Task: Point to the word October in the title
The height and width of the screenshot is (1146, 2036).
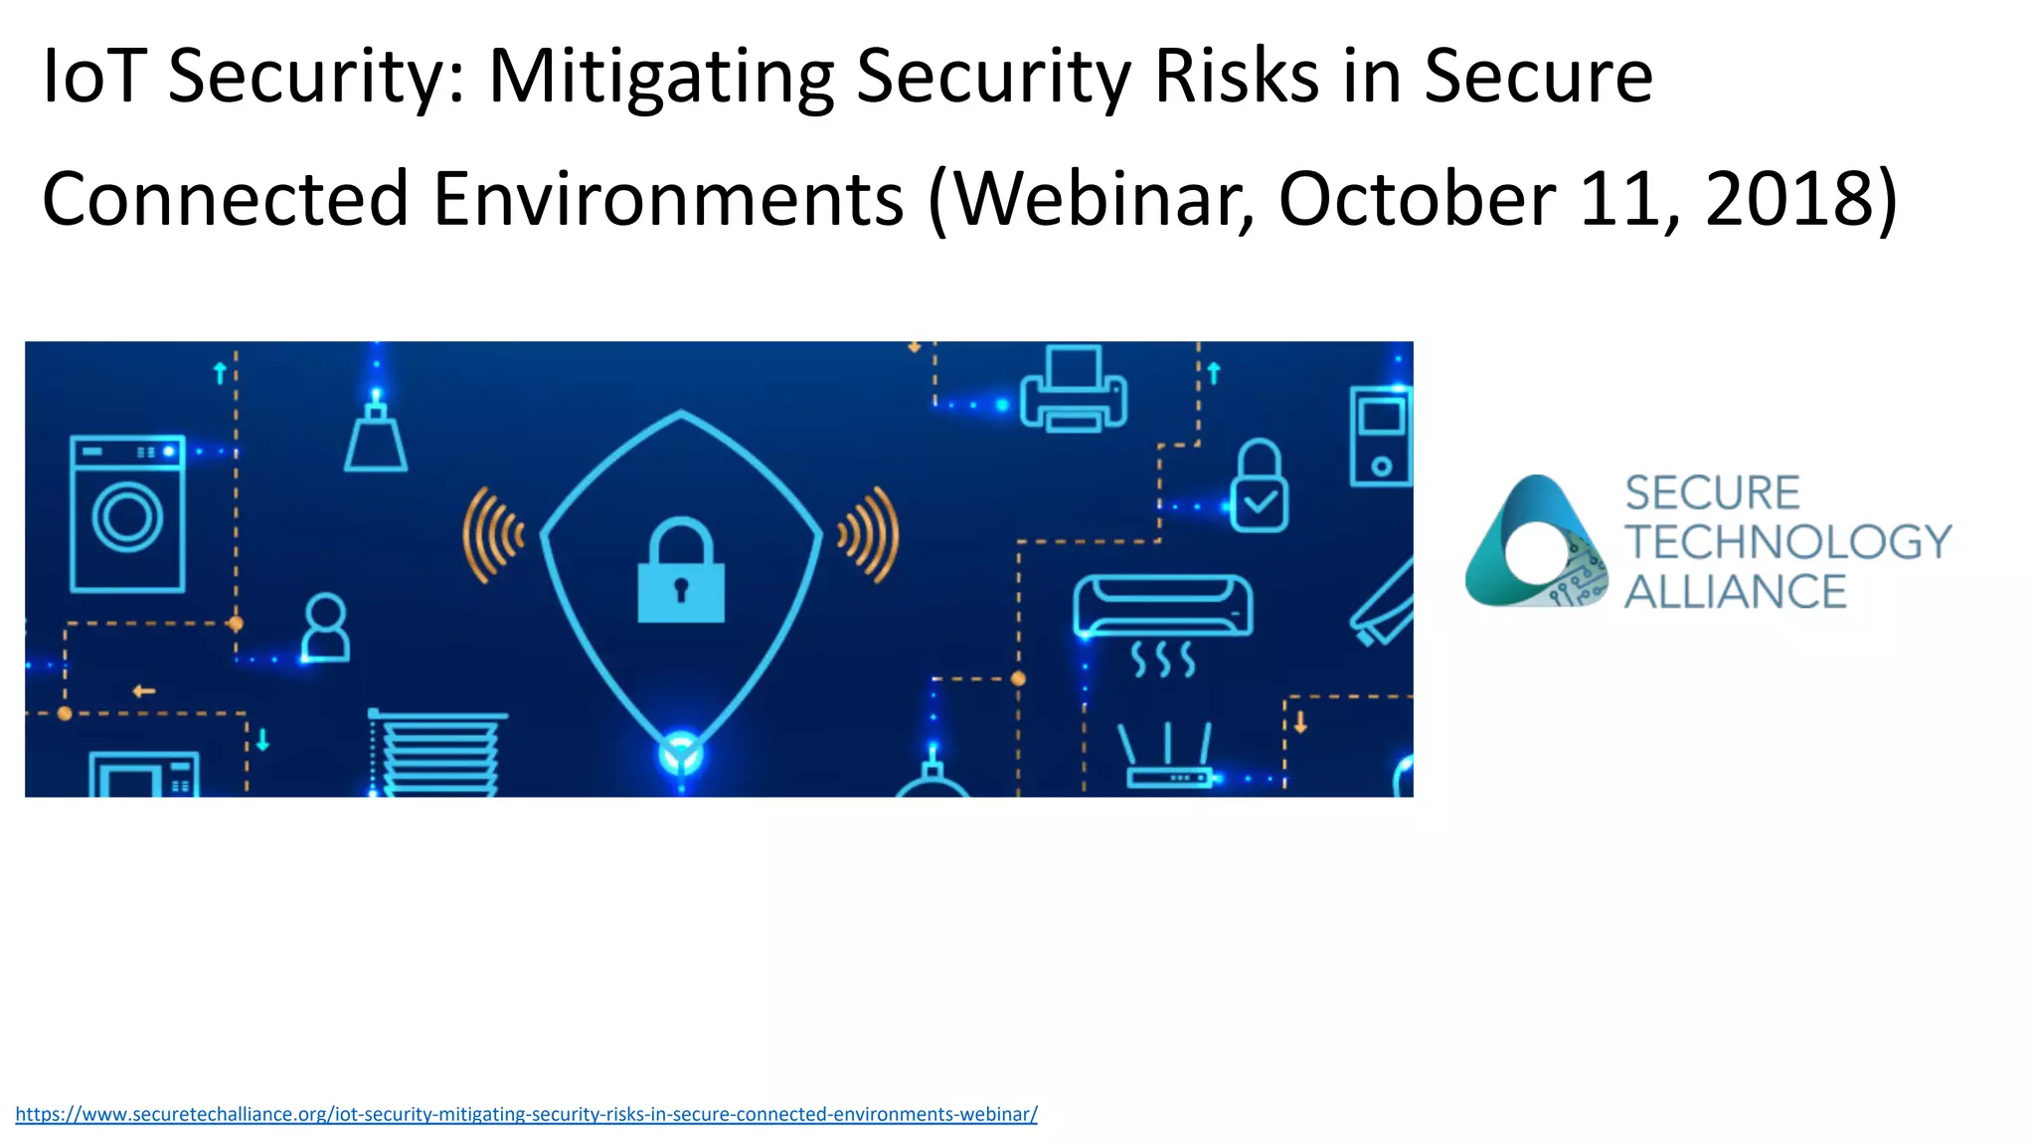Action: [x=1417, y=199]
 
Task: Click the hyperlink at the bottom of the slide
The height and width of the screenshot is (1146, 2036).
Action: [x=526, y=1114]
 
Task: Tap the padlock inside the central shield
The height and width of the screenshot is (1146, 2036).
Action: [x=681, y=571]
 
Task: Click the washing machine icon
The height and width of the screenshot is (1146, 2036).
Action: [x=127, y=513]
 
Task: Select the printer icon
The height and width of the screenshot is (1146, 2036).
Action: [x=1074, y=390]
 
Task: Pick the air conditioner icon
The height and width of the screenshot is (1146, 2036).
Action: [x=1162, y=607]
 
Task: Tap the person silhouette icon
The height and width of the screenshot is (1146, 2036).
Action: [x=325, y=628]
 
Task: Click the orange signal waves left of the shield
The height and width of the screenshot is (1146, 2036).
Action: [x=492, y=534]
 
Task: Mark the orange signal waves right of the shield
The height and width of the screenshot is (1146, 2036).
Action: [x=870, y=534]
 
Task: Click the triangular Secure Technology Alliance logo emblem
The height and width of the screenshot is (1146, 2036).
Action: [x=1536, y=543]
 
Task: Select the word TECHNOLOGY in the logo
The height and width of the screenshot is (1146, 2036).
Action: [x=1787, y=542]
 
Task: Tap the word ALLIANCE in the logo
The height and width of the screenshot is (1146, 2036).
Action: [x=1735, y=592]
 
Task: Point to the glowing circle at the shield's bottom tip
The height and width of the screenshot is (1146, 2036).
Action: [x=681, y=753]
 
